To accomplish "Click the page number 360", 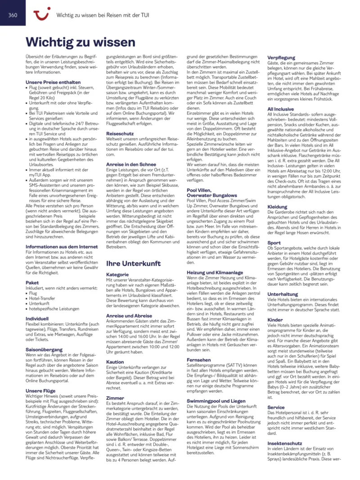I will coord(13,15).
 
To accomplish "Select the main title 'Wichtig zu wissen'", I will coord(81,42).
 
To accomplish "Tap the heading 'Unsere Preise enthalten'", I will coord(53,82).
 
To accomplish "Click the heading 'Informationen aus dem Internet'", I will coord(62,247).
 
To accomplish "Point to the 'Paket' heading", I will coord(32,283).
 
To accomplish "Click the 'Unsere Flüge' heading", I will coord(40,391).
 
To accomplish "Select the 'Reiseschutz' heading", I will coord(120,134).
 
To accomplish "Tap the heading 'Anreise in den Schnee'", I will coord(131,164).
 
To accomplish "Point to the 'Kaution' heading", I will coord(115,362).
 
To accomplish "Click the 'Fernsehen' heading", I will coord(199,359).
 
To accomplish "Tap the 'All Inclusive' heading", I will coord(280,109).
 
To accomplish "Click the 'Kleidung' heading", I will coord(277,207).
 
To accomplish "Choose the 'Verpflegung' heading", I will coord(281,58).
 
